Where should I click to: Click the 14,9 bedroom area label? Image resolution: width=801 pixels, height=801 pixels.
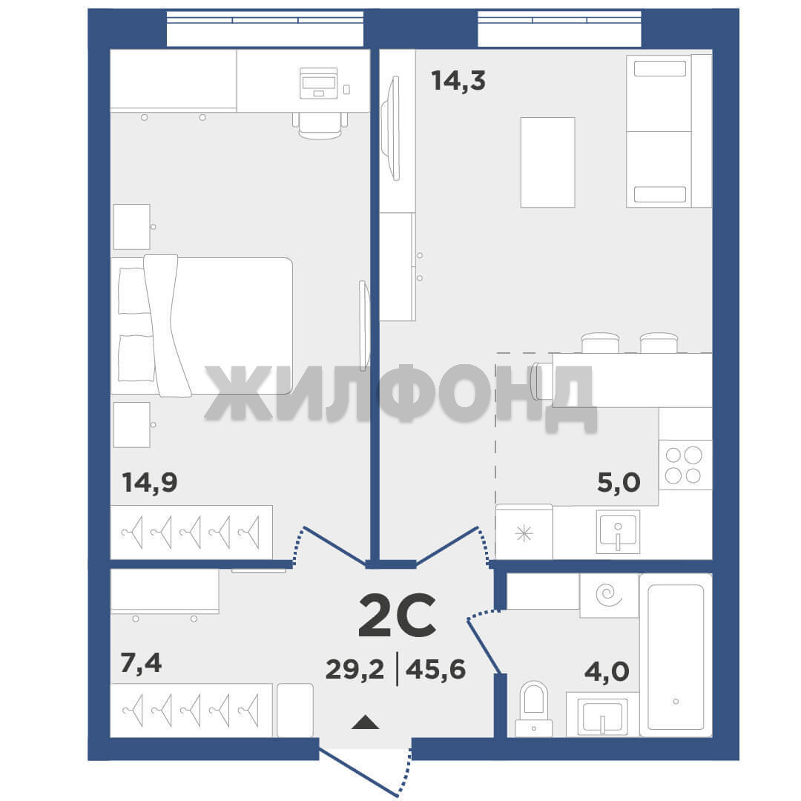tap(150, 483)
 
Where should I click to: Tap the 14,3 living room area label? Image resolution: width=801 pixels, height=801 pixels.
tap(458, 81)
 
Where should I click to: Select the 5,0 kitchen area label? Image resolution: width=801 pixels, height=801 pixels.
tap(619, 482)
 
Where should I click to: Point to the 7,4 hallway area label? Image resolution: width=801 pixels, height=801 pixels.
tap(141, 662)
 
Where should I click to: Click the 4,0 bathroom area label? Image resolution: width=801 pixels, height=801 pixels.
tap(607, 672)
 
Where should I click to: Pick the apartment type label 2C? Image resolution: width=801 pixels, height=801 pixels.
tap(397, 616)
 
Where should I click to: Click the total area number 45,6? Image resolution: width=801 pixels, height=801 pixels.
tap(436, 669)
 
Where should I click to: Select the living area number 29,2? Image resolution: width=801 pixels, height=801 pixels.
tap(355, 669)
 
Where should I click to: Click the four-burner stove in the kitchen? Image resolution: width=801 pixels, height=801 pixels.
tap(685, 465)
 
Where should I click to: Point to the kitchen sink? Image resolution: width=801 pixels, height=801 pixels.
tap(618, 531)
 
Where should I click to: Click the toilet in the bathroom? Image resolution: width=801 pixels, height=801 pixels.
tap(533, 708)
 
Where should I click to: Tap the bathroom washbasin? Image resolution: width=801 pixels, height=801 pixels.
tap(603, 715)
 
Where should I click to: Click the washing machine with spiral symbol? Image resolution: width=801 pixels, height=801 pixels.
tap(609, 595)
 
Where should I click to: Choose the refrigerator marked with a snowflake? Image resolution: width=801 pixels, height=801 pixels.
tap(524, 533)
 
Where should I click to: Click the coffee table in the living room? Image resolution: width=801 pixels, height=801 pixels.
tap(547, 162)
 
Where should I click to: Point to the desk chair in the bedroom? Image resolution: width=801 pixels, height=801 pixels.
tap(320, 125)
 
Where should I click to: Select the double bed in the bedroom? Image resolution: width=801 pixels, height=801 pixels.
tap(202, 326)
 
